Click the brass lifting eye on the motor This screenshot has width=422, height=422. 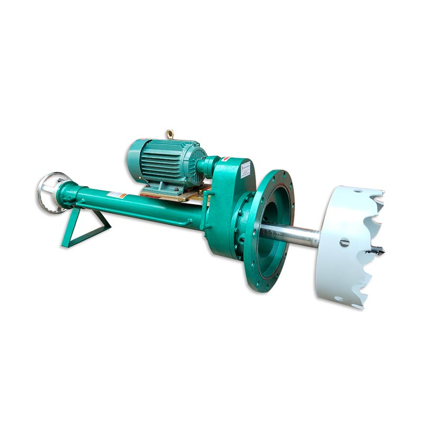click(170, 134)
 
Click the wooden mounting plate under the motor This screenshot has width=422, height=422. click(174, 195)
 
